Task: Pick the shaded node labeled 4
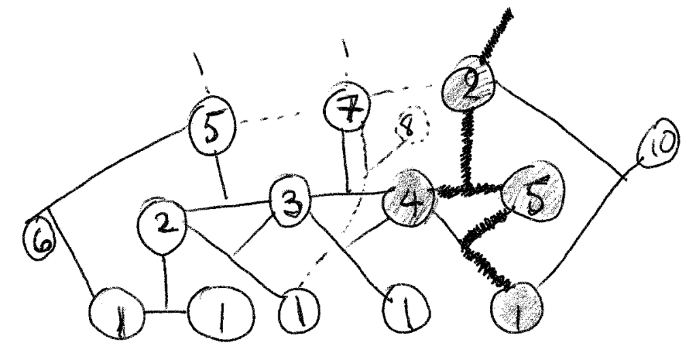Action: (x=409, y=203)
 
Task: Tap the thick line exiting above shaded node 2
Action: (x=495, y=34)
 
